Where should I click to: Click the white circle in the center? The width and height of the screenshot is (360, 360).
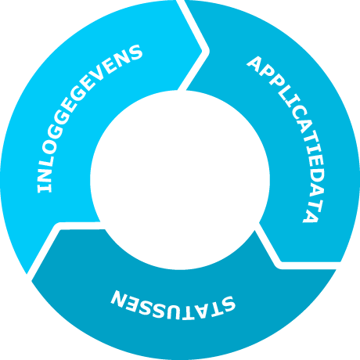pyautogui.click(x=180, y=180)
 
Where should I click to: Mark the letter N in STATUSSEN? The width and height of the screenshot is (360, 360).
pyautogui.click(x=120, y=299)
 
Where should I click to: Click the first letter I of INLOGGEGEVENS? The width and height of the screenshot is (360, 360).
pyautogui.click(x=45, y=189)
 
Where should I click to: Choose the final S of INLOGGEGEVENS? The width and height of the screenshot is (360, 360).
pyautogui.click(x=134, y=53)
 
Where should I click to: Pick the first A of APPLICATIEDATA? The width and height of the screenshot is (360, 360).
pyautogui.click(x=255, y=65)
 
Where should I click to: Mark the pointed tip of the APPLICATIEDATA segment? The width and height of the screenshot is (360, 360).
pyautogui.click(x=281, y=261)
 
